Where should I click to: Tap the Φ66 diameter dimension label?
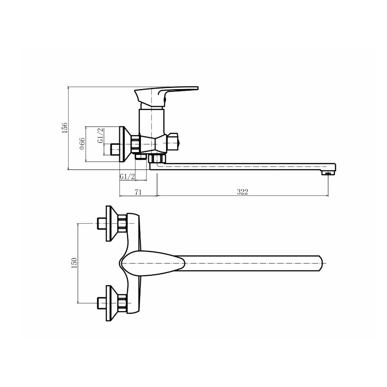pyautogui.click(x=82, y=144)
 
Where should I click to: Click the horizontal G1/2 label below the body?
pyautogui.click(x=127, y=177)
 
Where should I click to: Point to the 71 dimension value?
pyautogui.click(x=138, y=192)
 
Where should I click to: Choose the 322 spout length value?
pyautogui.click(x=243, y=192)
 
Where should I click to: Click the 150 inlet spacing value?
pyautogui.click(x=74, y=263)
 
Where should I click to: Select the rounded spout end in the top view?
pyautogui.click(x=321, y=263)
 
